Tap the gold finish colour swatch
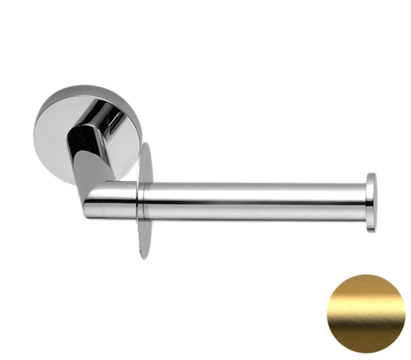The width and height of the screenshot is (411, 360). pos(366,314)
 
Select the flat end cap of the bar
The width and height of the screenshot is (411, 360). pos(371,203)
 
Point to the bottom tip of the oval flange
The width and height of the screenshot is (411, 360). pos(143,257)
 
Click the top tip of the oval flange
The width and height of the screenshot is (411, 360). pos(144,145)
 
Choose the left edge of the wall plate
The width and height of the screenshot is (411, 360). pos(34,132)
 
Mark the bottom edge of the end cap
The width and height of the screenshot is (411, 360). pos(372,232)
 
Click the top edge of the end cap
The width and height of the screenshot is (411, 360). pos(372,173)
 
